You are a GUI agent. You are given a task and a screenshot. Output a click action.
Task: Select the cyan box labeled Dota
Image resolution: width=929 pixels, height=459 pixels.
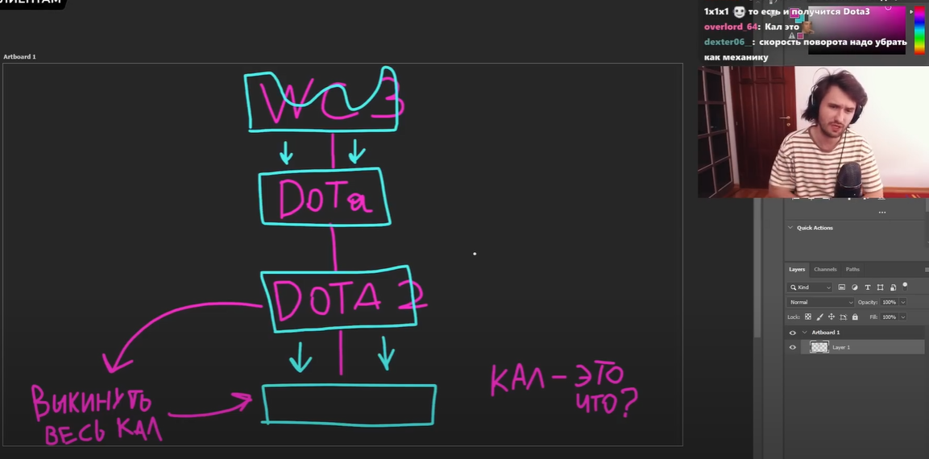(324, 197)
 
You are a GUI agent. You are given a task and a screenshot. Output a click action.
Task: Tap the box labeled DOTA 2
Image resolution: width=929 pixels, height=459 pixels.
(338, 298)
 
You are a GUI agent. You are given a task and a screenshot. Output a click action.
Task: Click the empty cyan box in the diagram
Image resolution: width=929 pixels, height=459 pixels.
(349, 404)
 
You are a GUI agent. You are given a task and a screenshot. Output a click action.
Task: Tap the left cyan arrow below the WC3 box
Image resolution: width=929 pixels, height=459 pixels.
(285, 151)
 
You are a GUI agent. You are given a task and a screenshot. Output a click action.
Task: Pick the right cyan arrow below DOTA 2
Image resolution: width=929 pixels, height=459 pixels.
(386, 353)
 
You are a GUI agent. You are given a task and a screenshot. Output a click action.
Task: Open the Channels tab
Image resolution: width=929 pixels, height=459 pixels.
(825, 269)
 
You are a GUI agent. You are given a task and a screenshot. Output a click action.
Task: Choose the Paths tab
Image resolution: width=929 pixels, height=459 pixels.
(852, 269)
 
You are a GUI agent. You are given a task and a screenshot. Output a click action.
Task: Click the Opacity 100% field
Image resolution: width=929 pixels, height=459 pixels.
(889, 302)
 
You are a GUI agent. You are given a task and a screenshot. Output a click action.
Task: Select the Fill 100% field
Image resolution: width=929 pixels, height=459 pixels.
(889, 317)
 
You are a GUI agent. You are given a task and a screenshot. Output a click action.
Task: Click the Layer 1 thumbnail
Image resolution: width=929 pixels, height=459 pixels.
(819, 347)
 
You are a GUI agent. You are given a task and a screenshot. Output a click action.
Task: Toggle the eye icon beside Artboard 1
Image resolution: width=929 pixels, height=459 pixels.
(792, 333)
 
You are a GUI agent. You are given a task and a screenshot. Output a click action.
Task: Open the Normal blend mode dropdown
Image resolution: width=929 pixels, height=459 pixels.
(820, 302)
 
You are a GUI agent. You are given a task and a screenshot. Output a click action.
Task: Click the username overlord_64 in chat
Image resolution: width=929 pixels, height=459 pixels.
(730, 27)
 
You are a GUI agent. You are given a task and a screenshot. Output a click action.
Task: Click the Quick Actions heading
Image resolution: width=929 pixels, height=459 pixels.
(815, 228)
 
